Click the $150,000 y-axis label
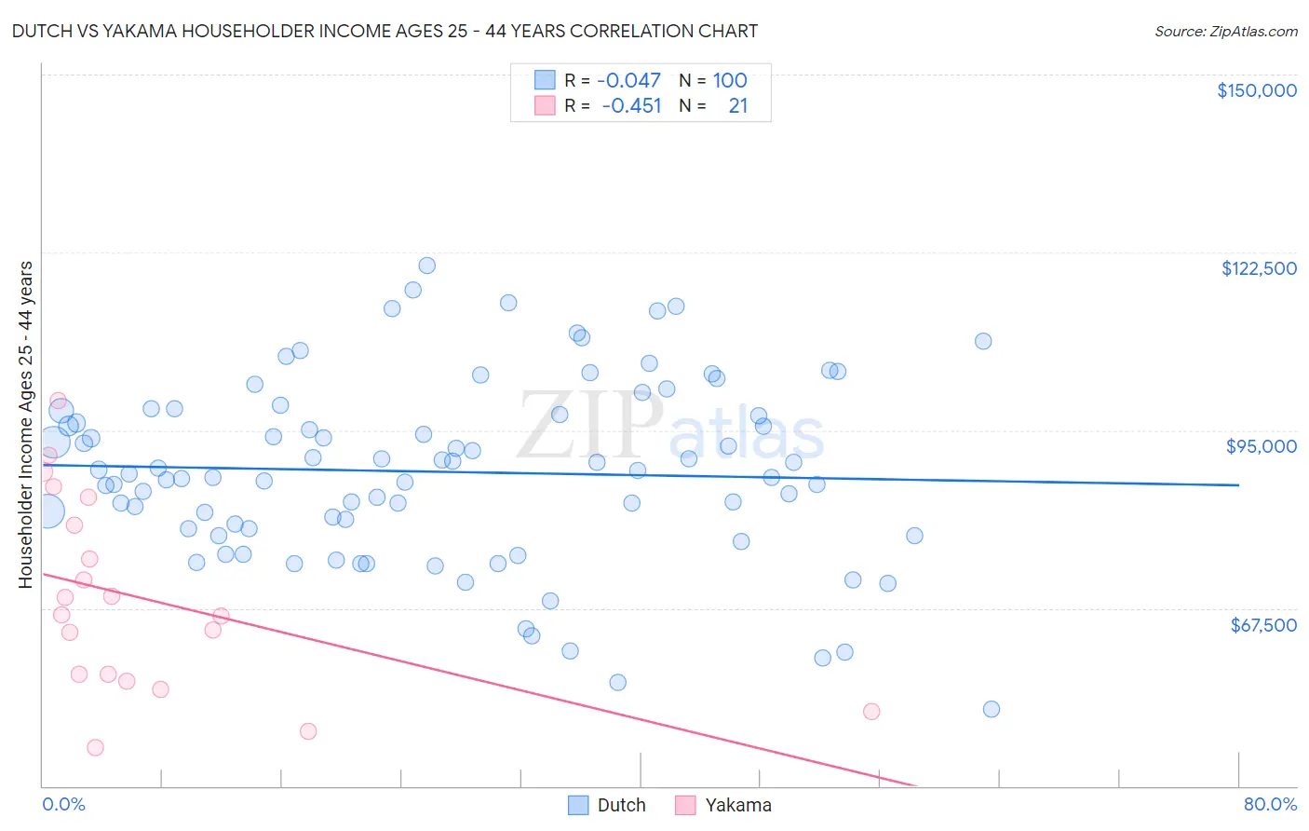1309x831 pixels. click(x=1256, y=90)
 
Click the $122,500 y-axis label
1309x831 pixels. click(x=1259, y=268)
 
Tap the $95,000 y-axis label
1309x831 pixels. click(x=1261, y=446)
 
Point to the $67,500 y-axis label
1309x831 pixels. click(x=1263, y=624)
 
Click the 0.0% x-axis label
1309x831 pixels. click(x=63, y=804)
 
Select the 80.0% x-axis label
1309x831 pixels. click(x=1270, y=804)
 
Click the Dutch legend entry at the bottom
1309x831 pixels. click(x=621, y=805)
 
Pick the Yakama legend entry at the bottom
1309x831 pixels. click(x=737, y=805)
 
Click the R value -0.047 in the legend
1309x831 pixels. click(x=628, y=80)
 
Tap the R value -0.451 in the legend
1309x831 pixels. click(x=631, y=105)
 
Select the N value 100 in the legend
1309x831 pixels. click(x=730, y=80)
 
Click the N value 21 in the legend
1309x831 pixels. click(x=738, y=105)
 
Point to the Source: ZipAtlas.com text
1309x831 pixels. click(x=1225, y=31)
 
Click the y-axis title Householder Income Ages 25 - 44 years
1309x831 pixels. click(x=25, y=425)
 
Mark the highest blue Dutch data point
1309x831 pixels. click(x=426, y=266)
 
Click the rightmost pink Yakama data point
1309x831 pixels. click(x=871, y=712)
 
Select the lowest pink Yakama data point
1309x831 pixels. click(x=95, y=747)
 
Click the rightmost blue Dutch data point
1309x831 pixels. click(x=992, y=709)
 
